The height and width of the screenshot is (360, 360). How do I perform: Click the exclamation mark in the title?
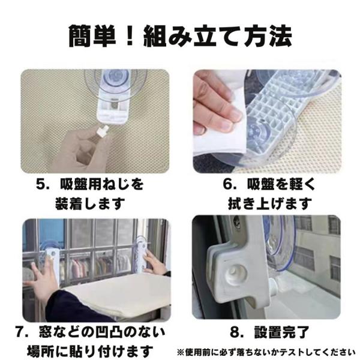(130, 36)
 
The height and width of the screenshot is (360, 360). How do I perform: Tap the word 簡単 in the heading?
(93, 36)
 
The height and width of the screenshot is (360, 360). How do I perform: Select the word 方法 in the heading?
(268, 36)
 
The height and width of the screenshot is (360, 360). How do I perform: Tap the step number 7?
(20, 332)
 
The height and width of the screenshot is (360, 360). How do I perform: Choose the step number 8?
(235, 332)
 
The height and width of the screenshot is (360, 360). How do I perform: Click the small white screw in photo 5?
(103, 130)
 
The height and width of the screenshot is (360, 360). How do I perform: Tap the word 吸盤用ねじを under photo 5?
(102, 184)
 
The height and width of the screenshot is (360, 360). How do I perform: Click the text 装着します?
(90, 203)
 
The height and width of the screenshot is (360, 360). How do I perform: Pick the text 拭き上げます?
(270, 203)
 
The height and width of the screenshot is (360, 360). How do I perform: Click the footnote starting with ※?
(266, 352)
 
